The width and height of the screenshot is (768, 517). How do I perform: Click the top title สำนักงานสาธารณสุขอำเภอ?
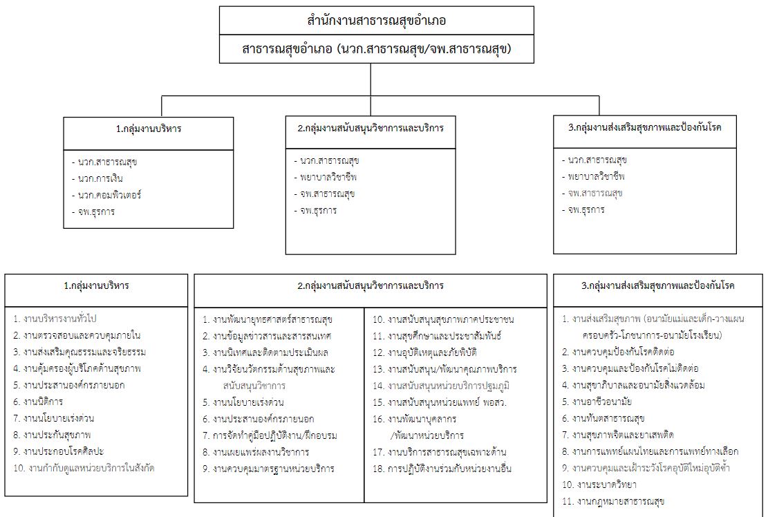(376, 21)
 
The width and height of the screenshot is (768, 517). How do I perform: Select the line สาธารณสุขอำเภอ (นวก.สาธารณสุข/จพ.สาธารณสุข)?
(376, 49)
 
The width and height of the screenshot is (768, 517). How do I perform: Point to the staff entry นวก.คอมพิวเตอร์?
(106, 195)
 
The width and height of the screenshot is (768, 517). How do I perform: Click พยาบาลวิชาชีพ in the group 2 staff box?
(326, 177)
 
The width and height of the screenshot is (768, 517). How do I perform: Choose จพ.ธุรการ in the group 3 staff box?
(583, 209)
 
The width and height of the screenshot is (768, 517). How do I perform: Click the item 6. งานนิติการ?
(38, 402)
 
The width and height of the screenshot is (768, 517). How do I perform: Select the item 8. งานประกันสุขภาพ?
(52, 435)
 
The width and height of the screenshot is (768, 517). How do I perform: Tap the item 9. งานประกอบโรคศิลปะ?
(59, 451)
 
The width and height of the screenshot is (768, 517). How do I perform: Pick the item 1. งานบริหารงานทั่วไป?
(55, 319)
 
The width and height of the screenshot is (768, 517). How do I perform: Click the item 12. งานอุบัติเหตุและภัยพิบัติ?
(424, 352)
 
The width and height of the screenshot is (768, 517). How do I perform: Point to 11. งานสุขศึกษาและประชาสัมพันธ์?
(437, 336)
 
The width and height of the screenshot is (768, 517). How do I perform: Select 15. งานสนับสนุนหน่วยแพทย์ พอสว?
(440, 402)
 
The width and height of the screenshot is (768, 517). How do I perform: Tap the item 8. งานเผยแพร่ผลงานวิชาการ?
(256, 452)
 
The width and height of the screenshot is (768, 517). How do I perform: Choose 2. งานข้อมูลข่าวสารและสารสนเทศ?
(267, 336)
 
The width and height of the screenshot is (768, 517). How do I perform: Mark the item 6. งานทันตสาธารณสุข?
(603, 418)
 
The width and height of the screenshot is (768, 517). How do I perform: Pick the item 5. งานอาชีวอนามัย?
(597, 402)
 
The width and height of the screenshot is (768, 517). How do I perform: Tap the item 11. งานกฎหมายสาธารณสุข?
(612, 501)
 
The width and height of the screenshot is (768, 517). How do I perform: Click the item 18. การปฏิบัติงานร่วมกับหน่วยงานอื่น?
(442, 469)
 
